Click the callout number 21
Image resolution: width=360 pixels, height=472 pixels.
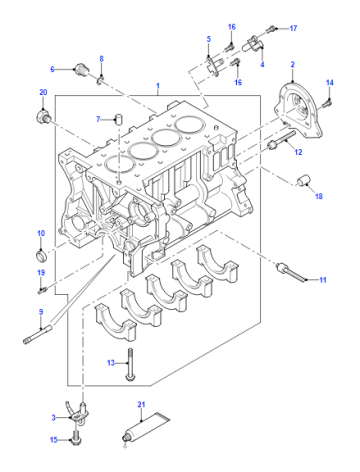[141, 405]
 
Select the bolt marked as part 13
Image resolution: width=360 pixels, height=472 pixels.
[130, 364]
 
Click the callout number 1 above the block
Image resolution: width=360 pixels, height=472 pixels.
[158, 86]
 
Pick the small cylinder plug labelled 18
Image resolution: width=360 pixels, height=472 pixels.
[304, 180]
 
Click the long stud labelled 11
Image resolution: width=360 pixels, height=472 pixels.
[291, 273]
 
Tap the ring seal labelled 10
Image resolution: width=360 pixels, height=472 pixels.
[41, 256]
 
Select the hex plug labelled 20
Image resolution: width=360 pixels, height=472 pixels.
[43, 115]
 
